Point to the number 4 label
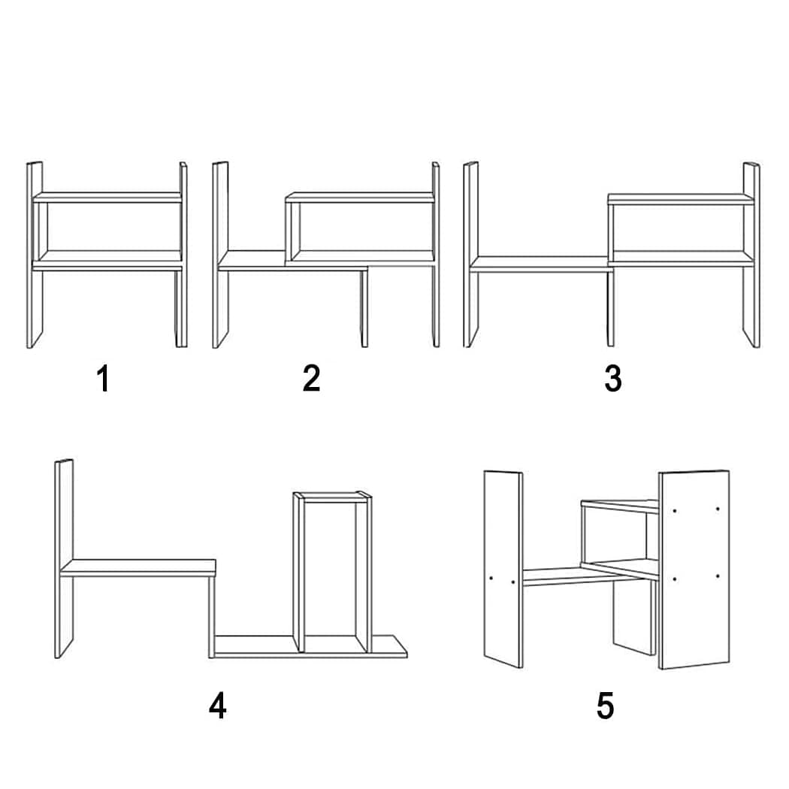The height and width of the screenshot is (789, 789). (217, 706)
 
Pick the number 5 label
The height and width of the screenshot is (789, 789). (605, 706)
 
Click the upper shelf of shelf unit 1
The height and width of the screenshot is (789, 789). (107, 197)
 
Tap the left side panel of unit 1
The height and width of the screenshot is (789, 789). (35, 255)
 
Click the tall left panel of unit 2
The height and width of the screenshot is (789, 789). (220, 255)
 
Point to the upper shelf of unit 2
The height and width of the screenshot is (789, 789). (360, 197)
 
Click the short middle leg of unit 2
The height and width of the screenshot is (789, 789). (364, 308)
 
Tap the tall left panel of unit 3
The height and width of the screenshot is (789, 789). (471, 255)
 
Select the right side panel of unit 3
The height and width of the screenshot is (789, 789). (751, 255)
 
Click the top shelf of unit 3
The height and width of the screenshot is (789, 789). (681, 199)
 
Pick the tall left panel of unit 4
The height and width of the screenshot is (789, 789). (64, 558)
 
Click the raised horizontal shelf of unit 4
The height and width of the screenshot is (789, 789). (138, 567)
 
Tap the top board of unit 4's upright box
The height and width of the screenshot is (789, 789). (332, 497)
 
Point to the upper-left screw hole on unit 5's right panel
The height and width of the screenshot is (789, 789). (674, 511)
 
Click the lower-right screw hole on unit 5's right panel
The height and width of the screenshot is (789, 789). (717, 576)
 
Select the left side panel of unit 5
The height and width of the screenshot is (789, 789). (503, 569)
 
